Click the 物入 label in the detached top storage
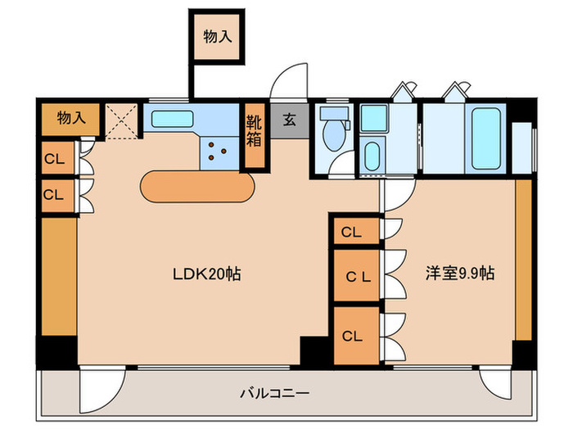[x=217, y=36]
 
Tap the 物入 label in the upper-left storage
[x=71, y=118]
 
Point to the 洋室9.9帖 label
[x=459, y=273]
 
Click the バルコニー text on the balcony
[x=274, y=393]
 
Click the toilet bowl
[x=333, y=131]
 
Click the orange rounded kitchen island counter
[x=197, y=187]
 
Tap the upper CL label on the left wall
[x=54, y=158]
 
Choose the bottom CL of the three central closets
[x=353, y=335]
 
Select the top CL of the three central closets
[x=352, y=232]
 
